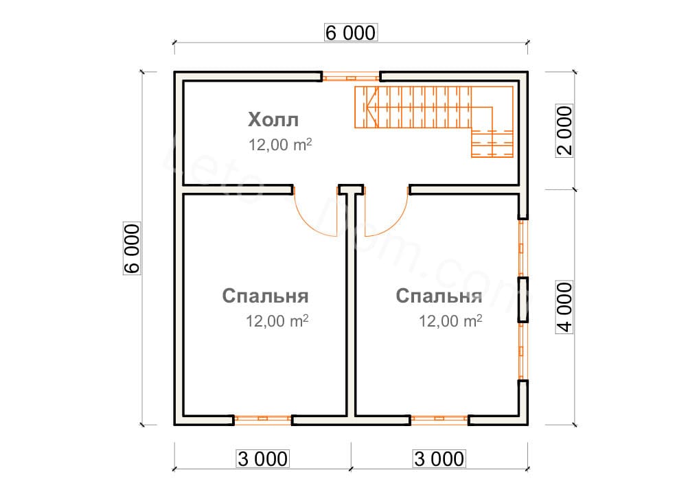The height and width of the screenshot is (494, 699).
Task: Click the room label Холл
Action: (273, 120)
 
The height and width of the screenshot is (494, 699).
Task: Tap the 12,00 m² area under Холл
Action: (280, 145)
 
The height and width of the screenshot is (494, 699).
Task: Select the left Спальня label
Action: (265, 296)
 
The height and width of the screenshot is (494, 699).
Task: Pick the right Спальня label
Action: (439, 296)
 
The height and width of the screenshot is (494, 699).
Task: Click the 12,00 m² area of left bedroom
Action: (277, 320)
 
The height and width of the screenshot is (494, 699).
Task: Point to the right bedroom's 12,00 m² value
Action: (450, 320)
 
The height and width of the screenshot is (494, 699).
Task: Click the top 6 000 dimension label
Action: (351, 33)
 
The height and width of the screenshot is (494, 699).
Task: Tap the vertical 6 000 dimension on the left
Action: (132, 248)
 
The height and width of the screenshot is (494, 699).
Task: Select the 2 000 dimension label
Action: (564, 130)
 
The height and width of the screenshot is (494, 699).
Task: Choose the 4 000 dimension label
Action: (564, 307)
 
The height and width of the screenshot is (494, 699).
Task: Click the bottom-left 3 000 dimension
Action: (262, 459)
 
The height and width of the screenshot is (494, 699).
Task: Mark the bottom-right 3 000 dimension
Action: (439, 459)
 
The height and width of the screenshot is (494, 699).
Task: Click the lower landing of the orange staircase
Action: (492, 143)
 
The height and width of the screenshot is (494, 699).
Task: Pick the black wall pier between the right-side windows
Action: (523, 300)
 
